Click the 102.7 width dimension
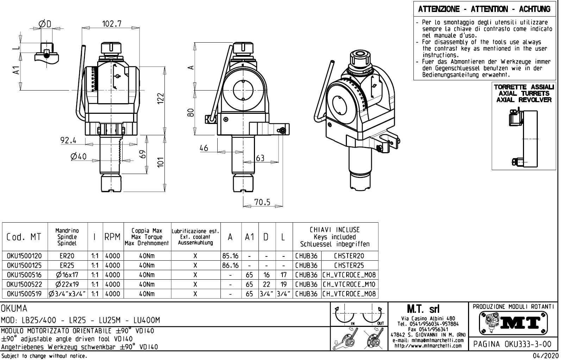click(112, 24)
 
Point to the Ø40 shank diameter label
click(79, 156)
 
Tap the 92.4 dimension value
click(68, 140)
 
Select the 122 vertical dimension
click(161, 99)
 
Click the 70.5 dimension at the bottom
click(262, 202)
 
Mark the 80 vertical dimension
click(191, 113)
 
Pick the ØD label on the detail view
click(45, 24)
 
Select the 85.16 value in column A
click(230, 256)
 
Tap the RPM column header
click(113, 237)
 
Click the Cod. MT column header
click(24, 237)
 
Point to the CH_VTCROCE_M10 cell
click(349, 284)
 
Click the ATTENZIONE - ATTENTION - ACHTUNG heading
click(484, 9)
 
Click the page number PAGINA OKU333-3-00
click(514, 344)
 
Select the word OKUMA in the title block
click(14, 309)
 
